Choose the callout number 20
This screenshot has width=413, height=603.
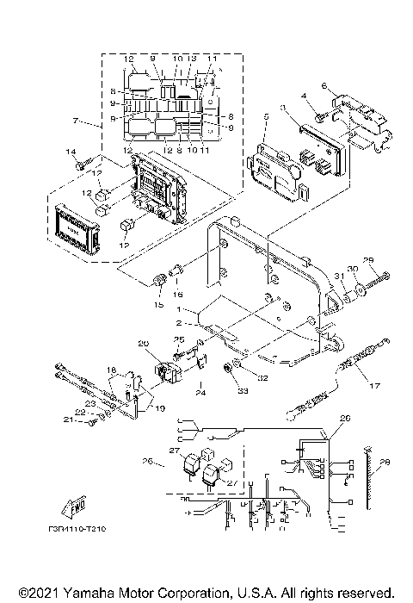[x=143, y=344]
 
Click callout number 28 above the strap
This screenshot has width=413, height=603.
[x=385, y=460]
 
